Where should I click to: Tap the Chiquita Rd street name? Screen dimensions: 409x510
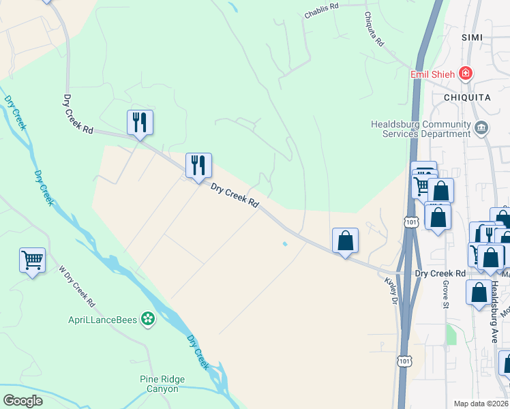coord(374,29)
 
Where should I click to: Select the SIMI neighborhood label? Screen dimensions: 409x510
coord(472,37)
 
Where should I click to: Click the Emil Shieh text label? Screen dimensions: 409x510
coord(432,74)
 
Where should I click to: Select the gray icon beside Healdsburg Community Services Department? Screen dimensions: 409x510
coord(481,127)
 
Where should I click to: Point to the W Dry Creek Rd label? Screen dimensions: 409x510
coord(76,285)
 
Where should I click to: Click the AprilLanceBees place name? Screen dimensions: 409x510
coord(102,318)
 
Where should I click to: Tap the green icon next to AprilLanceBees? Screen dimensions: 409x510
coord(147,318)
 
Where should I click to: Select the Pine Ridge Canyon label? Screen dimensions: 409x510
coord(159,384)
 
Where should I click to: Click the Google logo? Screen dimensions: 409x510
coord(22,400)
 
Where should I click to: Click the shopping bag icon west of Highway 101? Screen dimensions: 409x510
coord(346,241)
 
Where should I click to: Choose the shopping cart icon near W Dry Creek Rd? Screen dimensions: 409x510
coord(32,260)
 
